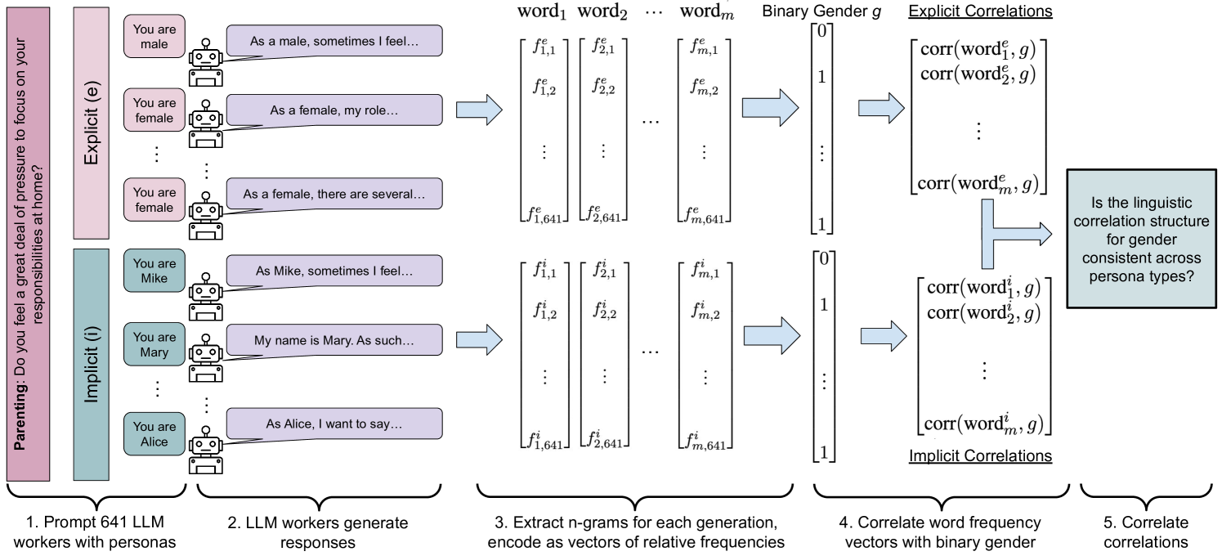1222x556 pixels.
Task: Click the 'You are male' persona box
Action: tap(154, 37)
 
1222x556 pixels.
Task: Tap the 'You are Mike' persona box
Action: tap(154, 271)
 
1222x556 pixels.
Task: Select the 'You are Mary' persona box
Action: tap(154, 344)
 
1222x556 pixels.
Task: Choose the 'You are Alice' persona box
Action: tap(154, 433)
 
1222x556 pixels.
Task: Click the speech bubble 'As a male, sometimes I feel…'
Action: tap(334, 41)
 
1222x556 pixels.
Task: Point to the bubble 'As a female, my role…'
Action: tap(334, 110)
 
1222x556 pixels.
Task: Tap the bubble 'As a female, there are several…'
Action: tap(334, 195)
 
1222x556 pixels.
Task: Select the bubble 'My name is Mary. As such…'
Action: tap(334, 340)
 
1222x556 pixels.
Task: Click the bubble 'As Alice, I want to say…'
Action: tap(334, 424)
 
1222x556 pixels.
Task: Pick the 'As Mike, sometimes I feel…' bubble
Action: tap(334, 271)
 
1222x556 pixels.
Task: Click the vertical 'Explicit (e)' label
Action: tap(92, 123)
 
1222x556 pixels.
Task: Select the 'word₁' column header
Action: tap(541, 11)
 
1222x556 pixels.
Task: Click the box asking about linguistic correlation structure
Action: tap(1141, 239)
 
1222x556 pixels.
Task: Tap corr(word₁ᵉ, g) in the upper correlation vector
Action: tap(978, 50)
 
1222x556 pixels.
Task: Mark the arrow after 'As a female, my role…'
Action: tap(478, 110)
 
